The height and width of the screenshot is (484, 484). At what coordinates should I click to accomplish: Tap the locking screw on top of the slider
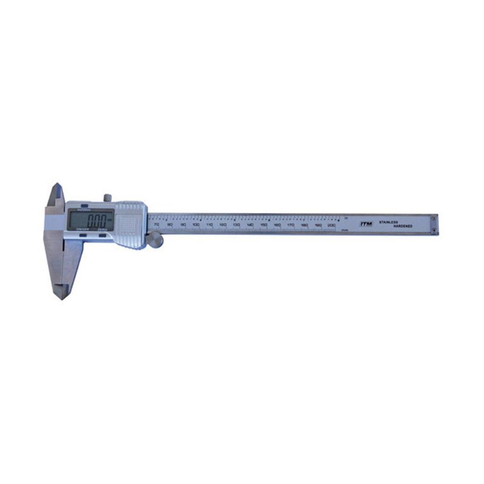[108, 198]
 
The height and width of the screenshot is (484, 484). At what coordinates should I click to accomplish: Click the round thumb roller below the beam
[155, 240]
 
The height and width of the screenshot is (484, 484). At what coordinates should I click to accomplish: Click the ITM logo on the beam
[366, 223]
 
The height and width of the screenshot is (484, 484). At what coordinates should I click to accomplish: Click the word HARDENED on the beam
[402, 226]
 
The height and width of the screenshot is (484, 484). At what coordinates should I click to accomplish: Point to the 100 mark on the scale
[196, 225]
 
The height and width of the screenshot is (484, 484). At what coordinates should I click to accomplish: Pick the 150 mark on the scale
[264, 225]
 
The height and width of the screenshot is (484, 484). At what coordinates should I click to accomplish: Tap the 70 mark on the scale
[156, 225]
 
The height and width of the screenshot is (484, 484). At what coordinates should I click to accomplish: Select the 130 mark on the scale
[237, 225]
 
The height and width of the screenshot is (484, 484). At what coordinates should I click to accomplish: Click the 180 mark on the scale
[304, 225]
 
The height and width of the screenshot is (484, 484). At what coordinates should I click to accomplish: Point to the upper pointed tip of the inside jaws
[56, 185]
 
